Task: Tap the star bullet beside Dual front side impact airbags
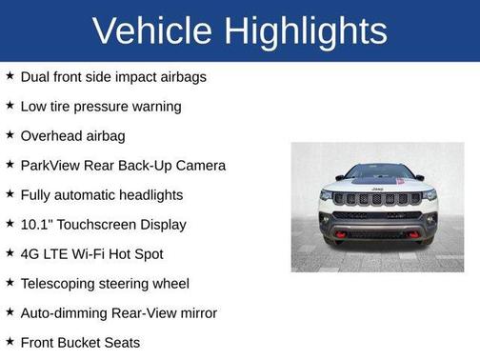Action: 10,76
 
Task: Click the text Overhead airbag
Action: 72,135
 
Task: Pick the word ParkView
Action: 53,165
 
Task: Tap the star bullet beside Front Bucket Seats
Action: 10,342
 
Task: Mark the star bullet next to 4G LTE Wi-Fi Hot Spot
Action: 10,253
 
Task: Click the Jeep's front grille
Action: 377,199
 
